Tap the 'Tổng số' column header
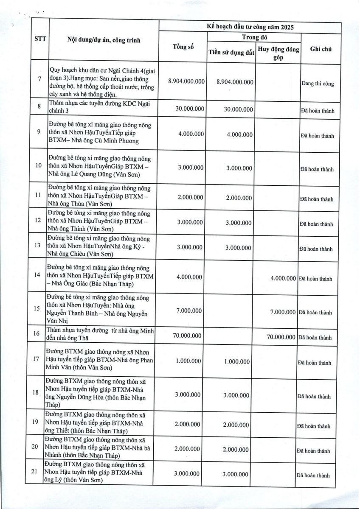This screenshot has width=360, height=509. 183,47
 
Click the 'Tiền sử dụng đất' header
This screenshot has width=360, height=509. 231,53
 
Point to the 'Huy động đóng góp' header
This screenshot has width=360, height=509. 279,53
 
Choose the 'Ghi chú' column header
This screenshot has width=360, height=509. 321,49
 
